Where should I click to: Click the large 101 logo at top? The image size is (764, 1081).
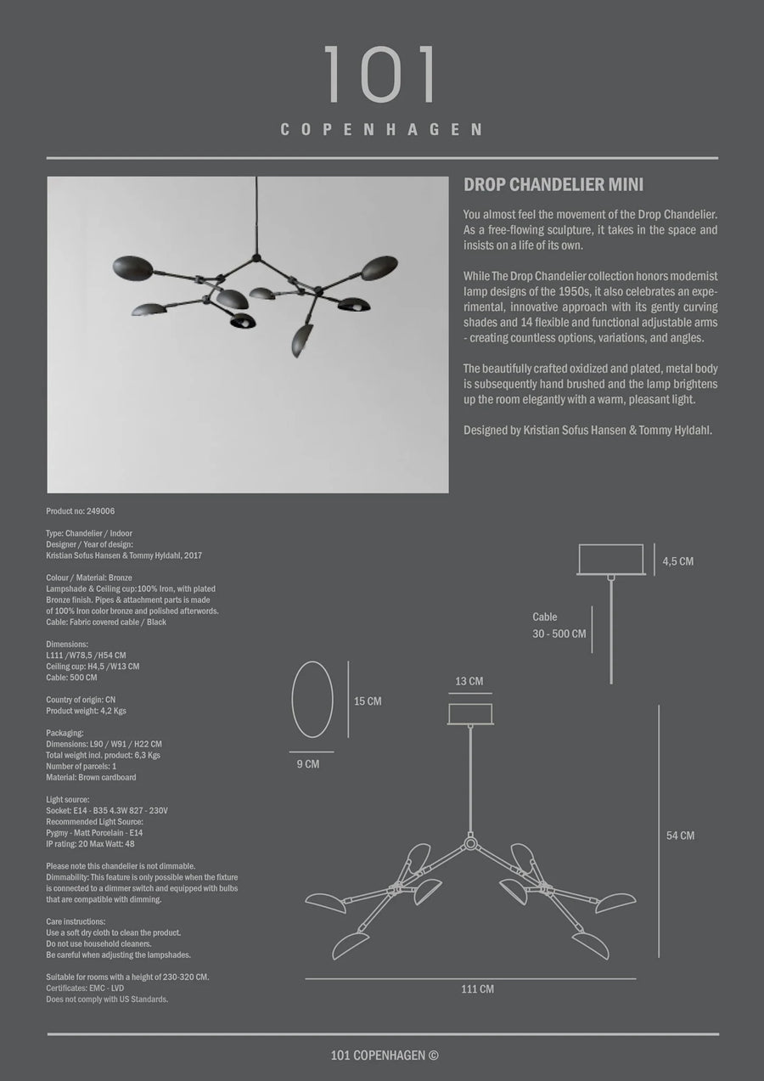[381, 76]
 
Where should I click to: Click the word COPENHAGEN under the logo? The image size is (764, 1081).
[381, 130]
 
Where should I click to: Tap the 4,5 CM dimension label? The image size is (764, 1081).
[679, 561]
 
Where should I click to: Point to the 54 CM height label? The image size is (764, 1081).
[680, 836]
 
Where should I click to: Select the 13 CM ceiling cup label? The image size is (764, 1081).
[469, 681]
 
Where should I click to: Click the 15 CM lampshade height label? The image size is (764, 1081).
[368, 701]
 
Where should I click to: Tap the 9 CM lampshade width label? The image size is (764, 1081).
[307, 764]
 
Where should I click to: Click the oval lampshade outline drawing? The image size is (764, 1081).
[312, 700]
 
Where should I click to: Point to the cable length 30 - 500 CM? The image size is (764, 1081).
[559, 634]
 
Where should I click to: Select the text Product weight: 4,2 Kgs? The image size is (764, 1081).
[86, 711]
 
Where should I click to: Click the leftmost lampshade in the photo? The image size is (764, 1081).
[132, 267]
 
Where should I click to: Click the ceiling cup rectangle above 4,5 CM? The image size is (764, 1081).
[611, 560]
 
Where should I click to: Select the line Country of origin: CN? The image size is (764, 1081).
[81, 700]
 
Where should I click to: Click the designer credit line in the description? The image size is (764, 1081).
[587, 431]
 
